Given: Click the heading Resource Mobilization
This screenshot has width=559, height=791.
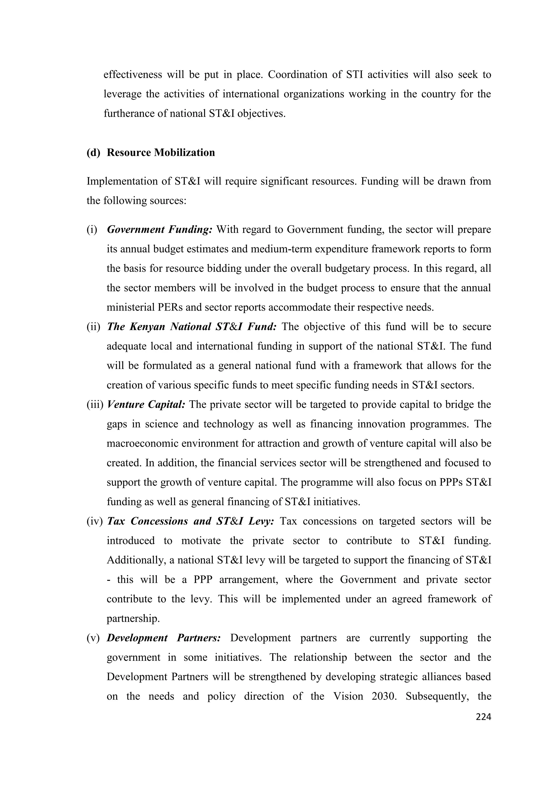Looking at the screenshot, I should [x=160, y=152].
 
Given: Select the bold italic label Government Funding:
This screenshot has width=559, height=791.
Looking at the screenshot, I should [x=159, y=230].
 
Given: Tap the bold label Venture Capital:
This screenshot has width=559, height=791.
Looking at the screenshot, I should [x=146, y=404].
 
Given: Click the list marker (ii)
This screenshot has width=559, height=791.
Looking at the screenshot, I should [x=93, y=327].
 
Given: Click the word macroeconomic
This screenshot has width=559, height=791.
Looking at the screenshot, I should [x=142, y=443].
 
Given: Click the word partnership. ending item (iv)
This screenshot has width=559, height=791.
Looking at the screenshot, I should [x=133, y=618].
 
